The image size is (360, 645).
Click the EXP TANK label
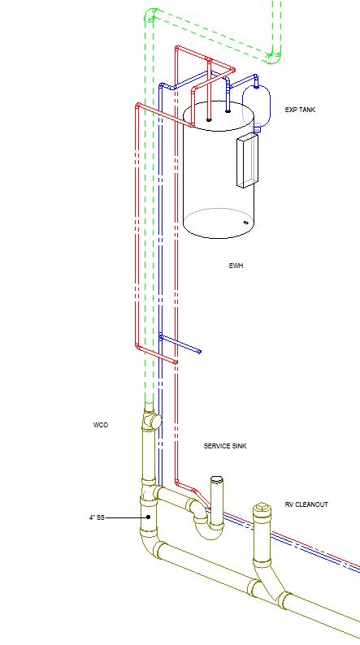click(x=300, y=110)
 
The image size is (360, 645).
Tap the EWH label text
click(x=236, y=266)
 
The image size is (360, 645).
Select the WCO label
click(x=101, y=425)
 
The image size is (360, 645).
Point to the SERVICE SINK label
click(x=225, y=446)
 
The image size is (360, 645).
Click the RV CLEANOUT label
click(x=306, y=504)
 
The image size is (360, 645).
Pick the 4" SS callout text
click(x=97, y=517)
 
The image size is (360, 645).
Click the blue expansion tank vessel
click(x=256, y=106)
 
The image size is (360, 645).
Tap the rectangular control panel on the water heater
click(x=248, y=160)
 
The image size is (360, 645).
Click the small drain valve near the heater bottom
click(x=246, y=223)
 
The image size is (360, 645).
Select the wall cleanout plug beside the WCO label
click(x=154, y=421)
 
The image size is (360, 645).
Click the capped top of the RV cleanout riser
click(x=262, y=509)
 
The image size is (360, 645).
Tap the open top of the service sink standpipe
click(x=217, y=479)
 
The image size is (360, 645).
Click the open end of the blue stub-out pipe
click(x=200, y=351)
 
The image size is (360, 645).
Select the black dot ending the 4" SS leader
click(x=149, y=517)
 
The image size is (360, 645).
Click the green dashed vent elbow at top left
click(x=151, y=15)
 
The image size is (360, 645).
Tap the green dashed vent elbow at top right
click(x=274, y=57)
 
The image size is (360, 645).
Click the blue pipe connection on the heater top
click(x=228, y=110)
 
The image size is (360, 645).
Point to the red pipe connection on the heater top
click(x=209, y=119)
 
